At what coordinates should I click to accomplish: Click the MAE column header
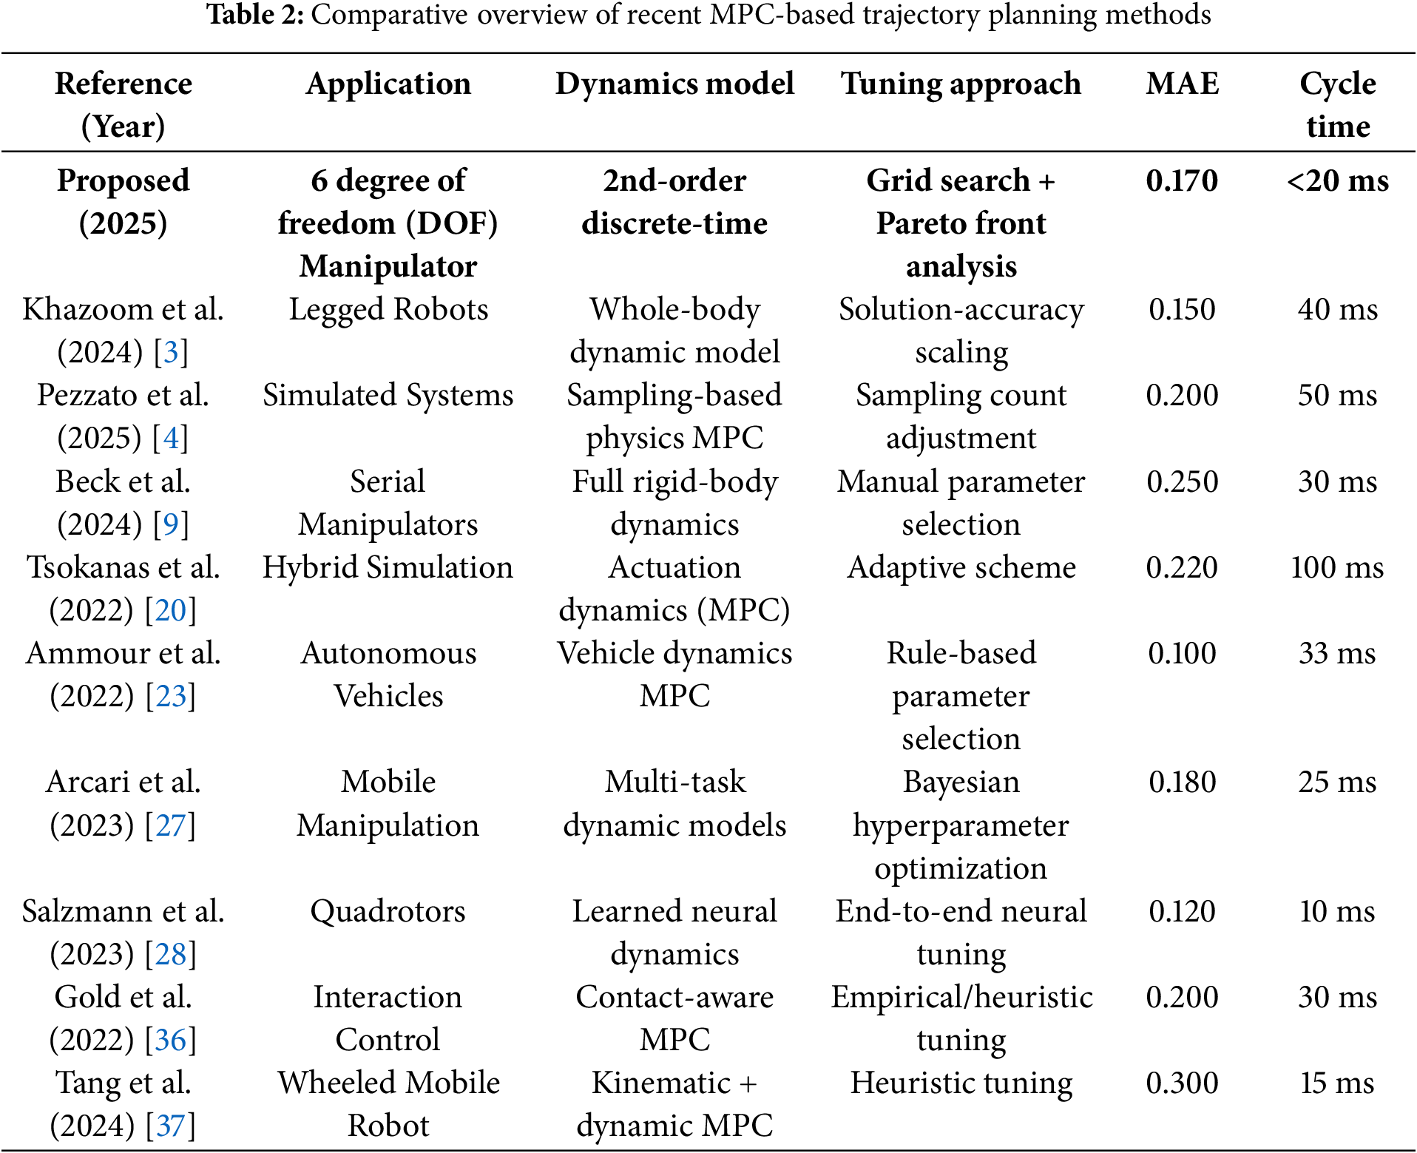click(1182, 84)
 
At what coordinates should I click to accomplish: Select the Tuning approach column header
click(961, 84)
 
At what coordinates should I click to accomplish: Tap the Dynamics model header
click(674, 84)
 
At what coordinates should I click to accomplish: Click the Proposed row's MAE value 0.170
click(1182, 180)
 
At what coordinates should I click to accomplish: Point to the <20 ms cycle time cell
click(1337, 180)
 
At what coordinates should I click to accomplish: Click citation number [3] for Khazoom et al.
click(171, 352)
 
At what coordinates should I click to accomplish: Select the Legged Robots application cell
click(388, 309)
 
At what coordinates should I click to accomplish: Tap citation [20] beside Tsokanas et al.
click(171, 610)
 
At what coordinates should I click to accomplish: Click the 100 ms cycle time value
click(1337, 567)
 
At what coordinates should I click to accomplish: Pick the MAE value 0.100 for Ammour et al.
click(1182, 653)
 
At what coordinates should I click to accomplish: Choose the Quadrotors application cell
click(388, 911)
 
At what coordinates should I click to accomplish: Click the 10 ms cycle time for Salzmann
click(1337, 911)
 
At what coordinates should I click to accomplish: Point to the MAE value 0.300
click(1182, 1083)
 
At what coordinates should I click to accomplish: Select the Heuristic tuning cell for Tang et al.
click(961, 1083)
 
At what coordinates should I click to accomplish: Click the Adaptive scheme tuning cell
click(961, 567)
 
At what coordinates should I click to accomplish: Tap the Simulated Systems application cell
click(388, 395)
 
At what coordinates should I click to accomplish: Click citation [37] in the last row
click(171, 1126)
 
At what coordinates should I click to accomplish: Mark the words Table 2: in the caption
click(255, 15)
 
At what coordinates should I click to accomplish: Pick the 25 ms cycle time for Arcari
click(1337, 782)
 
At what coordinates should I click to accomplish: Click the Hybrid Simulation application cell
click(388, 567)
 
